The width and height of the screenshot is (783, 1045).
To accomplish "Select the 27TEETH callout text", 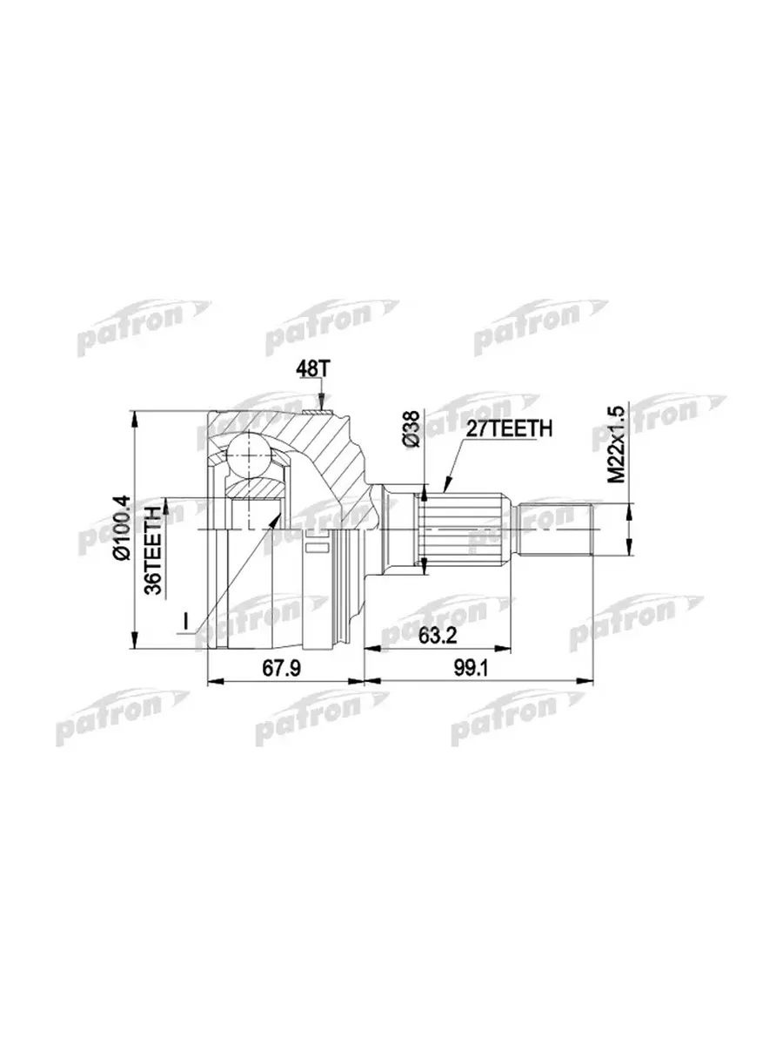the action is coord(509,428).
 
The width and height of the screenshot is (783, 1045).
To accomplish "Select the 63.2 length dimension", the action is coord(437,635).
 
